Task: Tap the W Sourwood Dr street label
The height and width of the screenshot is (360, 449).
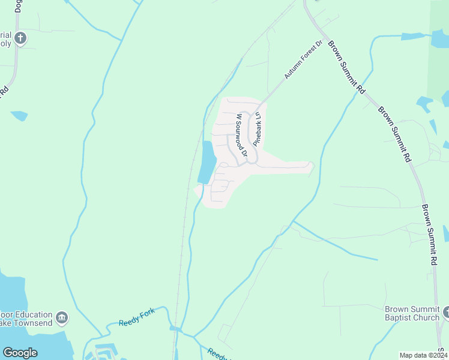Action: pos(241,135)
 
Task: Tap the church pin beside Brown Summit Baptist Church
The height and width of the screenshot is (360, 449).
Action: pos(445,312)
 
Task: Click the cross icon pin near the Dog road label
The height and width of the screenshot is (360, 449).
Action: pos(20,38)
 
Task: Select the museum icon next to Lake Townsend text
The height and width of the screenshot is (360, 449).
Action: pos(61,317)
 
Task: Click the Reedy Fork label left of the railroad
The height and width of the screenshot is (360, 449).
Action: pos(136,316)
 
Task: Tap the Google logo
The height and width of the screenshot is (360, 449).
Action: pos(20,353)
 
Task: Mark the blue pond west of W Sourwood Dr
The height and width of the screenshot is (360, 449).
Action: pos(206,162)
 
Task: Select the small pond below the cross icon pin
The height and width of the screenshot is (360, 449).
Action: pos(19,115)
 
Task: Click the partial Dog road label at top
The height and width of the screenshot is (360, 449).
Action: pos(18,7)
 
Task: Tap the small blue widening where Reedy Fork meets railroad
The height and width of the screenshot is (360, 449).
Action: pos(175,328)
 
